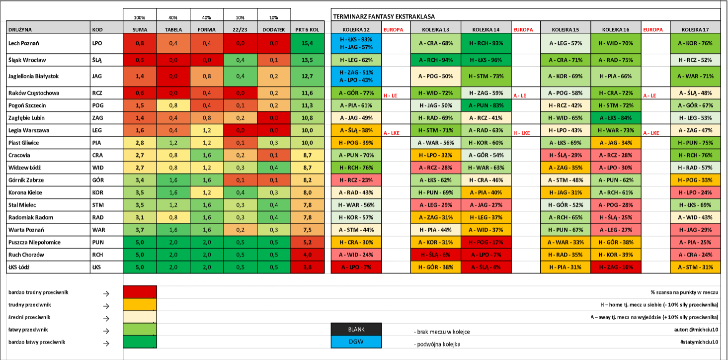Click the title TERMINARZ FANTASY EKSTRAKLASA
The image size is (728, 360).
tap(384, 16)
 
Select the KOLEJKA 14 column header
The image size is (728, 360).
tap(486, 30)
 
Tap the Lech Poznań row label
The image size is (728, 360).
tap(24, 43)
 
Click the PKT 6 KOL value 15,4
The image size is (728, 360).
tap(308, 43)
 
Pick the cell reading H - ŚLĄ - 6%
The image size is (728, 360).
tap(435, 255)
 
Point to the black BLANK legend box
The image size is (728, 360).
tap(356, 330)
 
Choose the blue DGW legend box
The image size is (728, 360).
tap(356, 342)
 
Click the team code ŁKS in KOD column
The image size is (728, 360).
tap(96, 268)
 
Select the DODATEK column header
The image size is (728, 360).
tap(274, 30)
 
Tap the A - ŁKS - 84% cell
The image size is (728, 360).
tap(616, 118)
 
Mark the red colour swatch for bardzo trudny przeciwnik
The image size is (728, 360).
tap(140, 292)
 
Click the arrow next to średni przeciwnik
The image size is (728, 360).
tap(106, 318)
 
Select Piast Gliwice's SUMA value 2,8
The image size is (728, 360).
tap(140, 143)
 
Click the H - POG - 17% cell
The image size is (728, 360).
tap(486, 242)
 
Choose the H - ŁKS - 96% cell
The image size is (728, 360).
tap(486, 60)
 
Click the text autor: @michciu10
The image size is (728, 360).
tap(696, 330)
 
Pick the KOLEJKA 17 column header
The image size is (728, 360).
tap(695, 30)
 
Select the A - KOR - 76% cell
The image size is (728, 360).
tap(695, 43)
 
